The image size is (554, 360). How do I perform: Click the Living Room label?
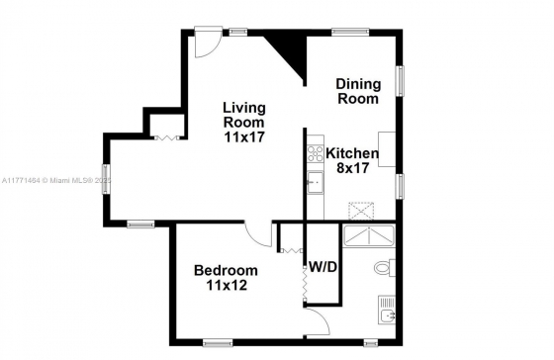pos(244,123)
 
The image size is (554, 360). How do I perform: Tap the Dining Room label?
pos(358,91)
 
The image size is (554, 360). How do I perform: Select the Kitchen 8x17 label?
pos(352,161)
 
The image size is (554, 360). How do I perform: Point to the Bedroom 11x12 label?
pos(227,278)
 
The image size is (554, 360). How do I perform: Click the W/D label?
pos(323,267)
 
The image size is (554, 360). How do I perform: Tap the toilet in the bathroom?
pos(385,268)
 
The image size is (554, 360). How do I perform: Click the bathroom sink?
pos(387,310)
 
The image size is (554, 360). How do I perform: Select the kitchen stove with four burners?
pos(316,153)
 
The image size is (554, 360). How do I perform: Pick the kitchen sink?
pos(316,182)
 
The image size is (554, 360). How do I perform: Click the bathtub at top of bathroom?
pos(369,235)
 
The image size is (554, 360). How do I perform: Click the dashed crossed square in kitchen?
pos(361,211)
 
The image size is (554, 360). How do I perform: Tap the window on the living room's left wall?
pos(106,179)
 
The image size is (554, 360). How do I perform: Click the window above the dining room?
pos(350,33)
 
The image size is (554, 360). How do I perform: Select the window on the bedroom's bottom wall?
pos(218,342)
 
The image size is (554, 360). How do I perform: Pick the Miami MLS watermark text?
pos(55,181)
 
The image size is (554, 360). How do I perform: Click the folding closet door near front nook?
pos(166,138)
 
